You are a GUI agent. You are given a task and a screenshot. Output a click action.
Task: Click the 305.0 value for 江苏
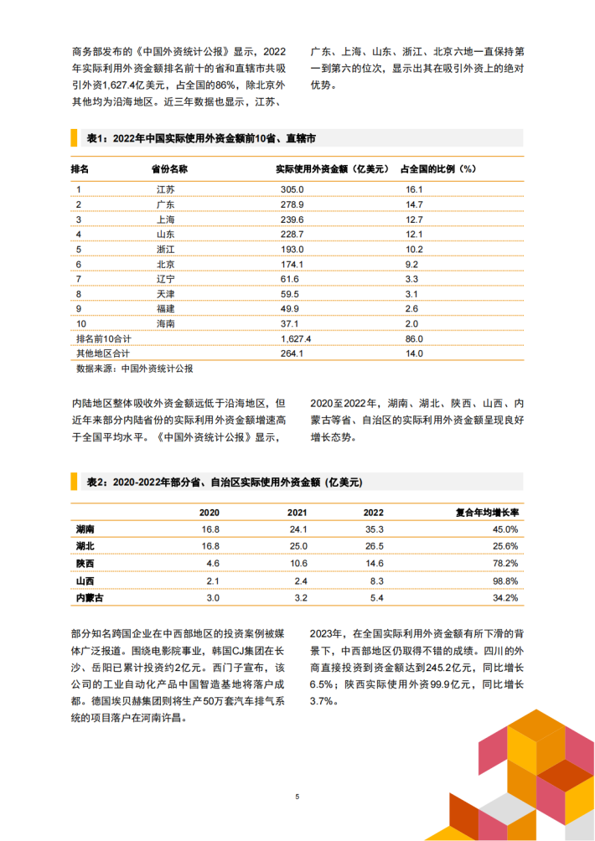point(291,190)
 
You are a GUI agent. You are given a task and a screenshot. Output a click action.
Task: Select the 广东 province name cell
point(165,205)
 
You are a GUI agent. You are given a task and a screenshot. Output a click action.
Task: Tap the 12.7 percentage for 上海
point(413,220)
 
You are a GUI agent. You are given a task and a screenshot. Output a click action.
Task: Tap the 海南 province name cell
point(165,324)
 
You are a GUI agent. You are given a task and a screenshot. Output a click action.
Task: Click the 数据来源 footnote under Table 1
point(134,368)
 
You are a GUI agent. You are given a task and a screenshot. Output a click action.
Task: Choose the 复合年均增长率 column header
point(487,511)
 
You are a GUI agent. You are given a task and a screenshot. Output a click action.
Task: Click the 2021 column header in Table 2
point(297,511)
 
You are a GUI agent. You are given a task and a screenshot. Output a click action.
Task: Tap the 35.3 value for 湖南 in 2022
point(374,529)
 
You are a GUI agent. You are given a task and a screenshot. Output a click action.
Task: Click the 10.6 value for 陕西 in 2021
point(298,563)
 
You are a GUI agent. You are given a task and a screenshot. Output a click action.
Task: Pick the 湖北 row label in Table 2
point(85,546)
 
